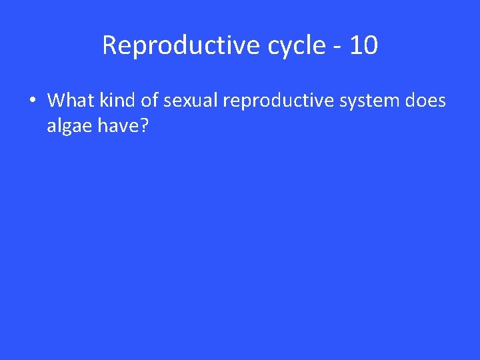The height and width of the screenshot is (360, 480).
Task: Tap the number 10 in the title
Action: pyautogui.click(x=363, y=46)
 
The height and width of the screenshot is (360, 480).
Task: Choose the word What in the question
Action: pyautogui.click(x=71, y=101)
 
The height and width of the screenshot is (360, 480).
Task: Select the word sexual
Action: pyautogui.click(x=193, y=101)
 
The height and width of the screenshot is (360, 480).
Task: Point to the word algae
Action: pyautogui.click(x=69, y=127)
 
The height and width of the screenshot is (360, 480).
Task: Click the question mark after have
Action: pyautogui.click(x=143, y=125)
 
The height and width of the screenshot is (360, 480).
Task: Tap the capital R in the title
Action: pyautogui.click(x=109, y=46)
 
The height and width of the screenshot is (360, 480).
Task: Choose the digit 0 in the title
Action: pyautogui.click(x=371, y=46)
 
